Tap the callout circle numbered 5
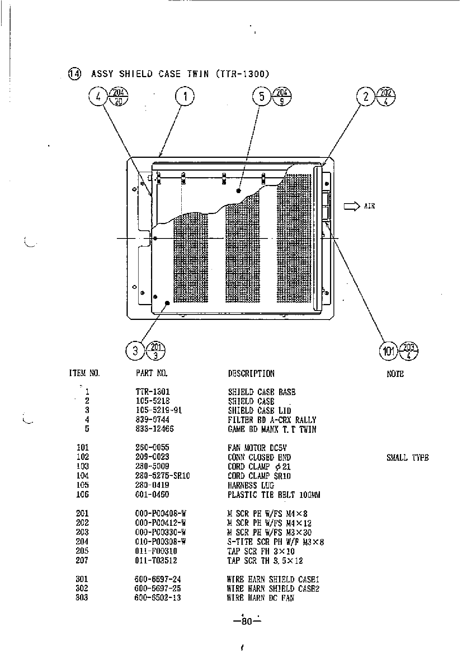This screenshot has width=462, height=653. point(262,97)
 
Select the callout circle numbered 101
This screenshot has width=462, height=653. point(389,352)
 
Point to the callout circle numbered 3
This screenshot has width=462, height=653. point(135,351)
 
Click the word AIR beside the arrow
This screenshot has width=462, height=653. point(370,206)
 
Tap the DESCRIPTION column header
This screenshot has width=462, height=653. point(251,373)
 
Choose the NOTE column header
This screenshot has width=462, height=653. point(395,374)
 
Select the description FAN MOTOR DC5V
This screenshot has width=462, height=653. point(257,448)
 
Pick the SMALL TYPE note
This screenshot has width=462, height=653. point(408,458)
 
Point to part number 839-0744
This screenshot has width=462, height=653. point(152,420)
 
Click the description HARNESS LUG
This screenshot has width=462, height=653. point(251,485)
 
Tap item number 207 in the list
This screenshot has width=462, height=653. point(82,560)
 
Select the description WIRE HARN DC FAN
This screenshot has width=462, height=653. point(261,598)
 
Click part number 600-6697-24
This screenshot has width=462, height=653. point(158,579)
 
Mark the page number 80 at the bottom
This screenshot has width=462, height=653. point(247,622)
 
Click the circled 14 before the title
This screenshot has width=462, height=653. point(75,73)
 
